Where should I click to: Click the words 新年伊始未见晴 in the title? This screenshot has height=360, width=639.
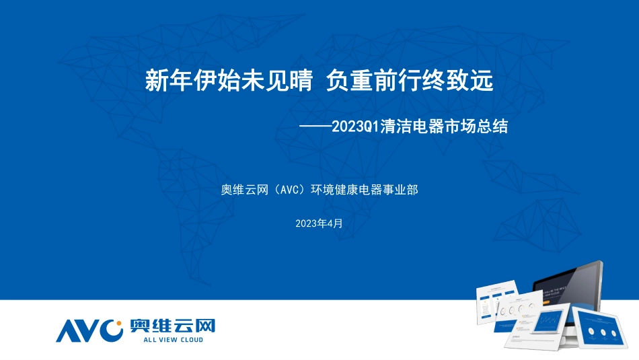point(229,81)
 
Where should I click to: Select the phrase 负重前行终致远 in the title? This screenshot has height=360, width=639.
point(410,81)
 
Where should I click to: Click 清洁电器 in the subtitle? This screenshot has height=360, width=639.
point(405,127)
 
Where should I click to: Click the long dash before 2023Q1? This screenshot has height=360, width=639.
point(314,127)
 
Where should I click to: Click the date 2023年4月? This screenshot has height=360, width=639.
point(319,223)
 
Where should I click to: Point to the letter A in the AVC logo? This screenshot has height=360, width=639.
point(67,330)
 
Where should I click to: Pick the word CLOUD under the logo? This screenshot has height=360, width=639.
point(188,340)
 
